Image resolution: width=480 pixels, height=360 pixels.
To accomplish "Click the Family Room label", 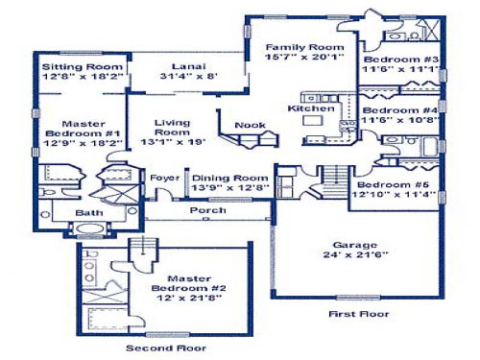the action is pyautogui.click(x=305, y=47).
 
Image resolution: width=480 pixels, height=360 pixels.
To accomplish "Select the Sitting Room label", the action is pyautogui.click(x=83, y=67).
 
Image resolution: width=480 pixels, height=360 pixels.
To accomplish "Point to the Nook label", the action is pyautogui.click(x=250, y=125).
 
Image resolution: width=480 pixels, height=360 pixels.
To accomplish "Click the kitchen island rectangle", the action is pyautogui.click(x=313, y=120).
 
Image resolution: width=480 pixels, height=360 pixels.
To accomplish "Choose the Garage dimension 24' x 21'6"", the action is pyautogui.click(x=355, y=254).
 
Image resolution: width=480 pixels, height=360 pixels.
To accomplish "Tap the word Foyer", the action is pyautogui.click(x=165, y=178).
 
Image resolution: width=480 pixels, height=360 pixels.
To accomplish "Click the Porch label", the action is pyautogui.click(x=208, y=210).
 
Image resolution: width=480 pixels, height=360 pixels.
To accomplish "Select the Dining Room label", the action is pyautogui.click(x=229, y=178).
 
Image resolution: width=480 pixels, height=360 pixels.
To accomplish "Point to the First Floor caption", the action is pyautogui.click(x=359, y=314).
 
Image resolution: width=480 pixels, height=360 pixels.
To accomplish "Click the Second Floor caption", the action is pyautogui.click(x=166, y=348).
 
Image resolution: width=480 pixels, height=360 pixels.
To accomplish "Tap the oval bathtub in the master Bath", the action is pyautogui.click(x=90, y=228).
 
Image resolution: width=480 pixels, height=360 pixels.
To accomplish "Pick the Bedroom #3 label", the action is pyautogui.click(x=401, y=60).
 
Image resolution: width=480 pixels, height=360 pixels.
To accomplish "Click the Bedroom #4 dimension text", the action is pyautogui.click(x=399, y=120).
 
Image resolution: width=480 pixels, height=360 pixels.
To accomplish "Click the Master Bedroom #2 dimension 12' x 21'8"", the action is pyautogui.click(x=189, y=298).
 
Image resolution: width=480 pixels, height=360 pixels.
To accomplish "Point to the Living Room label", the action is pyautogui.click(x=172, y=128).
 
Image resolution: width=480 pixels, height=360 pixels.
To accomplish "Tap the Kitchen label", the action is pyautogui.click(x=311, y=108).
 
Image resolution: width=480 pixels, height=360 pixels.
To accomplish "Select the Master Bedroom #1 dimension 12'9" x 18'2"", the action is pyautogui.click(x=83, y=143).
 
